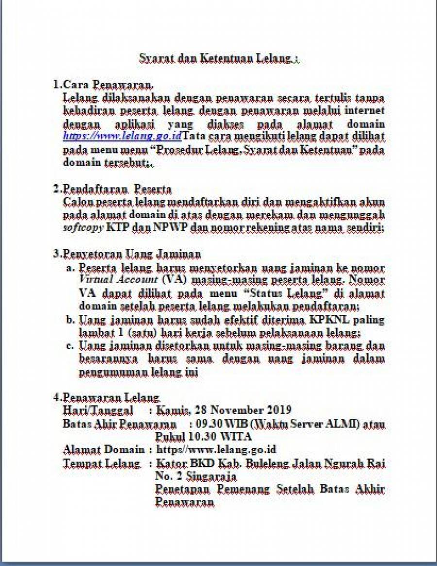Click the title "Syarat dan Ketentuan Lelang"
tap(219, 59)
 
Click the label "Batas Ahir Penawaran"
tap(115, 424)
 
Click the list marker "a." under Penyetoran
tap(71, 268)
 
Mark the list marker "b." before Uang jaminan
tap(71, 320)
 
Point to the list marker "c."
tap(71, 346)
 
